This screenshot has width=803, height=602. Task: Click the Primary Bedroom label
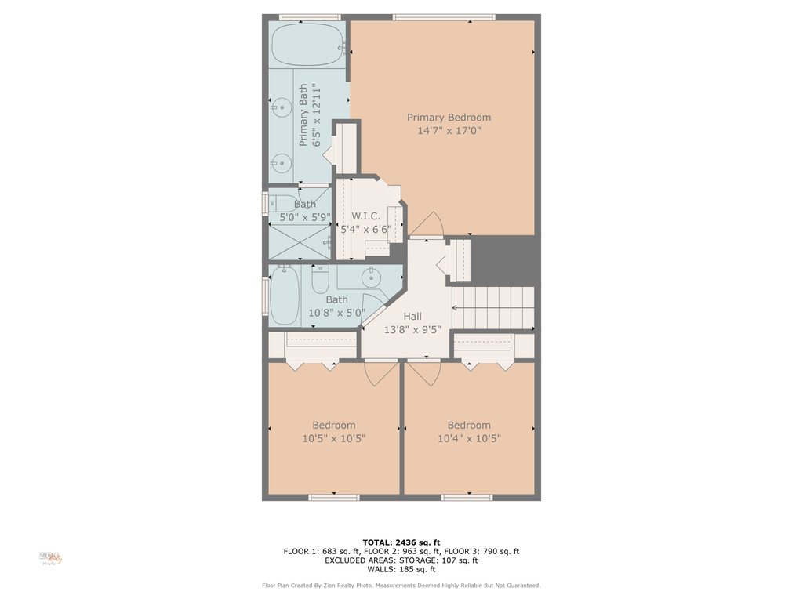pos(449,118)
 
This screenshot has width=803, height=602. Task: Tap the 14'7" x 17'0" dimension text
pos(449,131)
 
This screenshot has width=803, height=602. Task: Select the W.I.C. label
pos(365,216)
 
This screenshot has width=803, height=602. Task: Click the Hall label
pos(412,317)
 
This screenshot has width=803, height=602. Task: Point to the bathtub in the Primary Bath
pos(307,44)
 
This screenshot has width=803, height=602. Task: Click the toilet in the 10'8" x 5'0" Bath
pos(320,278)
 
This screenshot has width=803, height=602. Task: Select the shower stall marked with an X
pos(300,241)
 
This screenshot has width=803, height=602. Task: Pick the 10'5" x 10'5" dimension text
pos(334,439)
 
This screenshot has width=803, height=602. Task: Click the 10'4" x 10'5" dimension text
pos(469,439)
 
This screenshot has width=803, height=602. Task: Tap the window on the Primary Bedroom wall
pos(444,17)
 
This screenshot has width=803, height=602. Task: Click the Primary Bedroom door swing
pos(428,225)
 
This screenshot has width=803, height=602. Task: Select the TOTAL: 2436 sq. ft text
pos(401,542)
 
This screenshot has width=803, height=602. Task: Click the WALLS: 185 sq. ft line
pos(401,569)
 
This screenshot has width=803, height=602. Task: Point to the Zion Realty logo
pos(51,558)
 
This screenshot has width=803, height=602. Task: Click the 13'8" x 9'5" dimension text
pos(412,330)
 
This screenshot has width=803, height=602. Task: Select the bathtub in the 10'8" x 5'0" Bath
pos(285,296)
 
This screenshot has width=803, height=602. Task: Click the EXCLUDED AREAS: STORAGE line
pos(401,560)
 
